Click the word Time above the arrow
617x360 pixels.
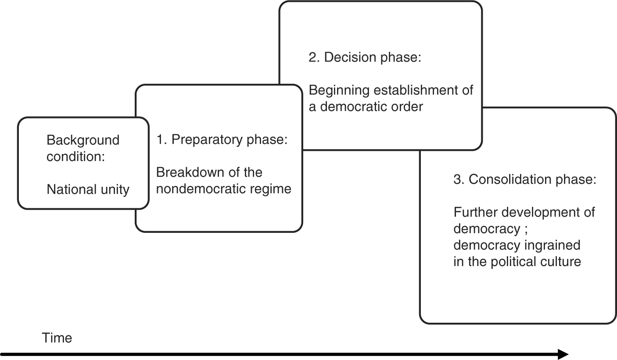(x=57, y=338)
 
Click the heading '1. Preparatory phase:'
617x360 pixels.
(x=222, y=140)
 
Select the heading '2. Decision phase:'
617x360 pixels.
(x=365, y=58)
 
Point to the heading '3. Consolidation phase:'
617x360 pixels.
(x=525, y=180)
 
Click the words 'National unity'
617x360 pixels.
(x=88, y=189)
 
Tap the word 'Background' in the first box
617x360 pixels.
(x=83, y=140)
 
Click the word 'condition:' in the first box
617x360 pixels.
(x=76, y=157)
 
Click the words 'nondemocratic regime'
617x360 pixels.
(x=224, y=189)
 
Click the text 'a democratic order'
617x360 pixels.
(x=366, y=107)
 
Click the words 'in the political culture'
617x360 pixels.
(x=517, y=261)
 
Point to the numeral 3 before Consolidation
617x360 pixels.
(x=457, y=180)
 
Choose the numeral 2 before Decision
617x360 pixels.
(x=312, y=58)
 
